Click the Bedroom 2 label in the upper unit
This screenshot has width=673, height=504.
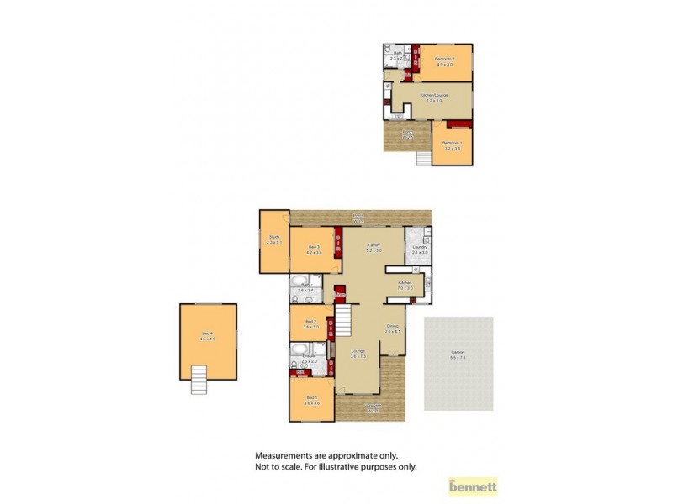click(444, 60)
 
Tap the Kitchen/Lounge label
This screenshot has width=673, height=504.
click(431, 97)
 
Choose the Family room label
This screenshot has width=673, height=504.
click(374, 247)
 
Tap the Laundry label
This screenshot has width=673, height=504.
click(420, 248)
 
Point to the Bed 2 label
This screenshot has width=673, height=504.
click(311, 322)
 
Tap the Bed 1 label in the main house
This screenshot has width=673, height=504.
click(311, 398)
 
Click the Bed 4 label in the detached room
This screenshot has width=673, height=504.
click(208, 335)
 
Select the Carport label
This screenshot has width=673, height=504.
click(458, 354)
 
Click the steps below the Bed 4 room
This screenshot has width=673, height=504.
click(198, 381)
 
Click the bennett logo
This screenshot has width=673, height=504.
click(474, 486)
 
